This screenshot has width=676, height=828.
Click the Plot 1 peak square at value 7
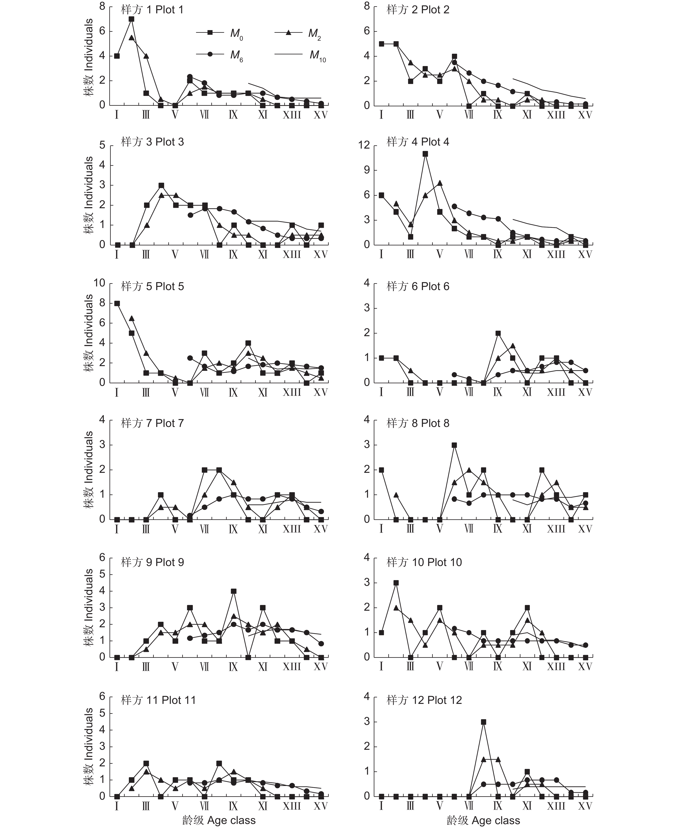[x=131, y=19]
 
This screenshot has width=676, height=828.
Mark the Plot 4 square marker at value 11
[x=425, y=154]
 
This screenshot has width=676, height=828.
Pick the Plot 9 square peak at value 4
[x=234, y=591]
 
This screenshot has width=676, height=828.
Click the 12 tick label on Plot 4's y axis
[x=364, y=145]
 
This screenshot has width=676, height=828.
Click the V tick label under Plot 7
[x=175, y=529]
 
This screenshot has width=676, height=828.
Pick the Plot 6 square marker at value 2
[x=498, y=333]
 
